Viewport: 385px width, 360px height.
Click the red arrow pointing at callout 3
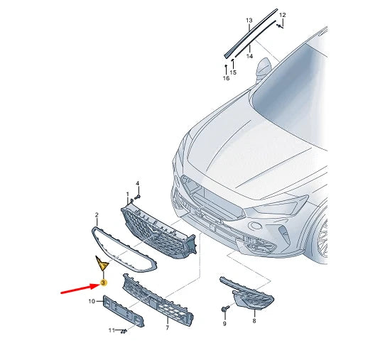click(x=80, y=288)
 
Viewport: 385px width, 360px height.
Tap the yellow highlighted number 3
click(x=104, y=283)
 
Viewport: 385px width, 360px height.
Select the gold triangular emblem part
click(x=102, y=263)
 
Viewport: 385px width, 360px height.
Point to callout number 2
click(x=97, y=215)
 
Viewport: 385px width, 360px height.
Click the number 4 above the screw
click(x=138, y=183)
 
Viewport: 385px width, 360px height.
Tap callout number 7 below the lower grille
click(x=167, y=327)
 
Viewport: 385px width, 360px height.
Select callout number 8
click(x=254, y=320)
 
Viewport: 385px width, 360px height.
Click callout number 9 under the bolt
click(x=224, y=324)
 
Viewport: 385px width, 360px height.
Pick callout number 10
click(x=92, y=301)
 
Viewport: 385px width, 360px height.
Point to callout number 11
click(x=112, y=330)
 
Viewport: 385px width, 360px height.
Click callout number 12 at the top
click(x=283, y=15)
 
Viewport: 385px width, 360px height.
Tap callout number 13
click(x=249, y=20)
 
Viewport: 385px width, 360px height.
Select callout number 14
click(x=249, y=56)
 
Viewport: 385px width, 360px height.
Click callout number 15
click(x=233, y=72)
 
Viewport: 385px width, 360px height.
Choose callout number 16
click(x=226, y=78)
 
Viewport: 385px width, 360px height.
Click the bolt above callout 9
click(x=225, y=308)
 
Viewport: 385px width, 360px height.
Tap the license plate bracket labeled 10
click(x=124, y=311)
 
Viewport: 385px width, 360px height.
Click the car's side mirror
click(x=263, y=67)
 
